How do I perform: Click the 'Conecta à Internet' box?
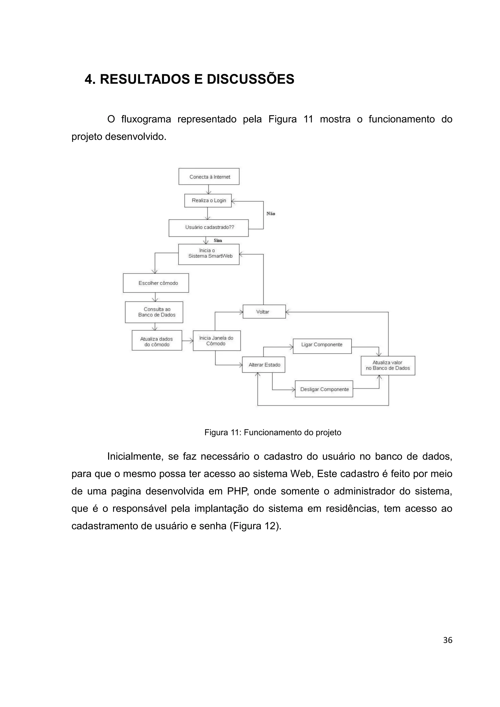pos(209,177)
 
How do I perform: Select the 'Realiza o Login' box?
pos(208,200)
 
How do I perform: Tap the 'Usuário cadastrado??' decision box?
pos(208,228)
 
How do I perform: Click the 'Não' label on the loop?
pos(271,214)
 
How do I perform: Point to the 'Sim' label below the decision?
pos(218,240)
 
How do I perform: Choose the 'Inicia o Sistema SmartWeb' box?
pos(209,254)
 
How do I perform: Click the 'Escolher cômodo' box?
pos(156,283)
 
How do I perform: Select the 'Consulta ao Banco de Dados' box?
pos(154,312)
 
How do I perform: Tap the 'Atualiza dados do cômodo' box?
pos(157,340)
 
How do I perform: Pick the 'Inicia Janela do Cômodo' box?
pos(217,341)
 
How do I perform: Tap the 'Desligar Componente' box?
pos(324,389)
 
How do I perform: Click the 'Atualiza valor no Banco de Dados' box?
pos(388,365)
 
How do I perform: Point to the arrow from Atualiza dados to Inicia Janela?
pos(187,341)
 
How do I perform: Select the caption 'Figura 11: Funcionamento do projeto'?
pos(273,432)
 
